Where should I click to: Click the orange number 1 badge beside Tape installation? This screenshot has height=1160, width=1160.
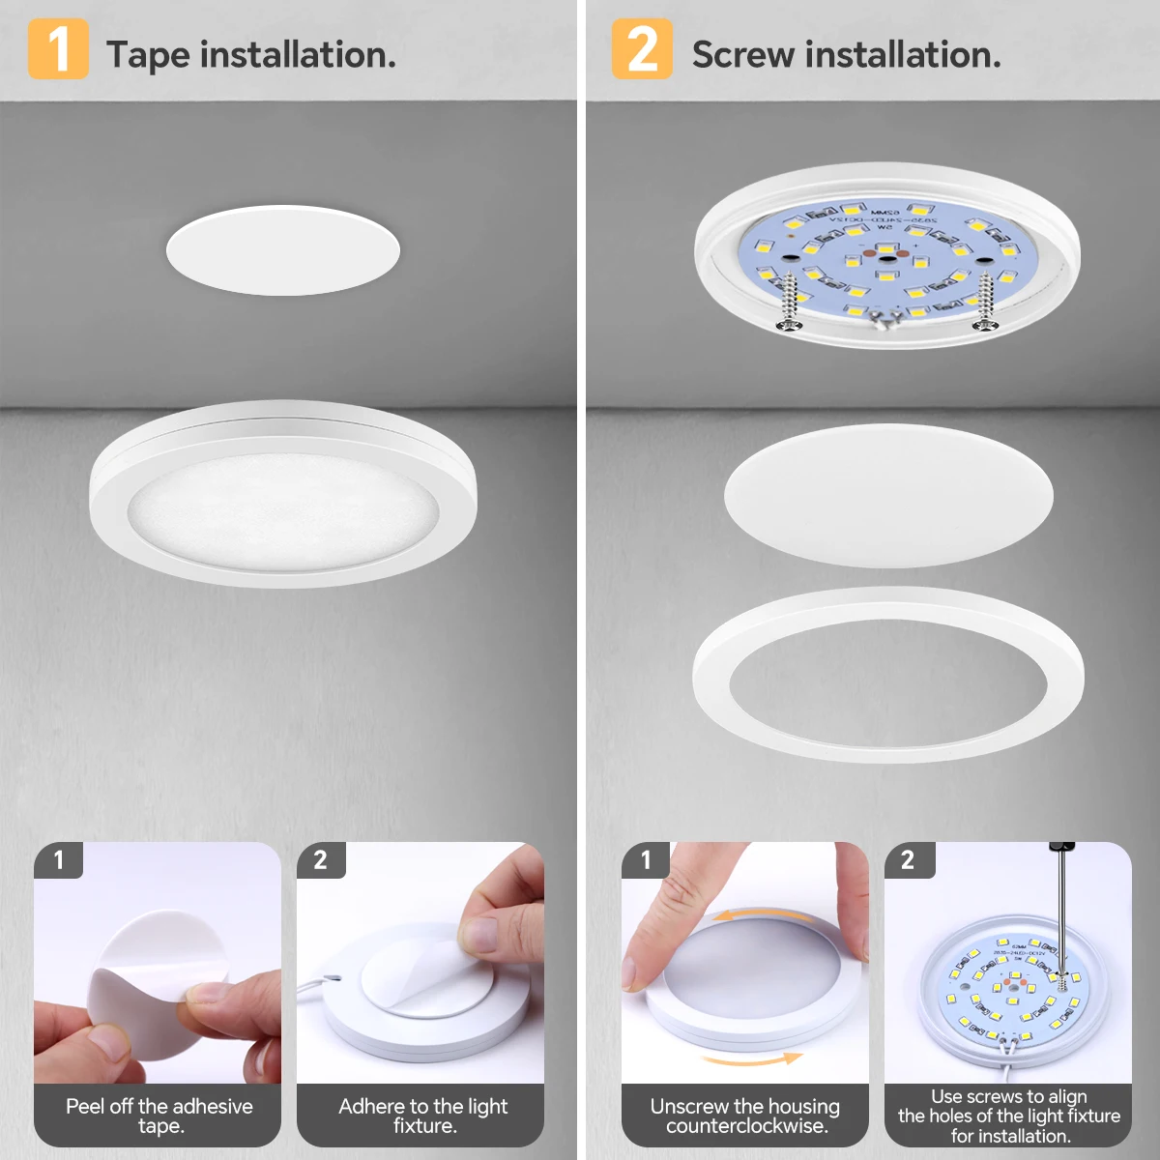[x=58, y=49]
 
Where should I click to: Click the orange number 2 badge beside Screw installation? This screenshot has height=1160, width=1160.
[x=642, y=49]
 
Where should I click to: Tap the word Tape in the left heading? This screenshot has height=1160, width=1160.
[x=148, y=55]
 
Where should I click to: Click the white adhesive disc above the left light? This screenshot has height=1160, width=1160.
[x=282, y=250]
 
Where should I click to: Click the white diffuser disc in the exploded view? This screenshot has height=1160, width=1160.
[x=887, y=495]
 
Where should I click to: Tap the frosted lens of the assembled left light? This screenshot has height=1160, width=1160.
[x=282, y=507]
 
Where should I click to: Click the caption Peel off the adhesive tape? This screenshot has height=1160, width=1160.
[x=159, y=1116]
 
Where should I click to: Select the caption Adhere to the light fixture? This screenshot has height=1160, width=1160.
[x=422, y=1116]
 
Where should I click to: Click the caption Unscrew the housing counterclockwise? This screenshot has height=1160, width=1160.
[x=744, y=1116]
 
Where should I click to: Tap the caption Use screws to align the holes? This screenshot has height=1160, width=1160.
[x=1008, y=1116]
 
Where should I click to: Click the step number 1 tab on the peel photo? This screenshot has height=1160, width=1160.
[x=58, y=859]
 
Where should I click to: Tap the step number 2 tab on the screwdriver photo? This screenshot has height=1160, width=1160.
[x=908, y=859]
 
